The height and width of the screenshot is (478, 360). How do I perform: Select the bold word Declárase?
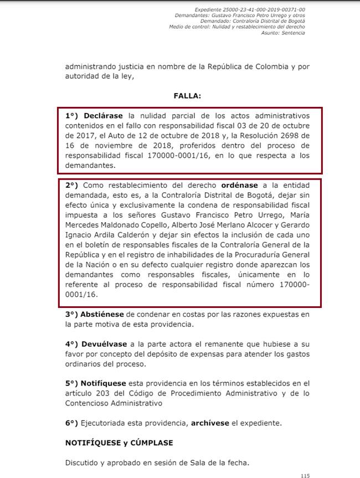point(104,116)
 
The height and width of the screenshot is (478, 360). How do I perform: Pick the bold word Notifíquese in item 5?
point(104,383)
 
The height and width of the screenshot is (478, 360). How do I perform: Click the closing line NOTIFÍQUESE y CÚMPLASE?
point(119,443)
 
